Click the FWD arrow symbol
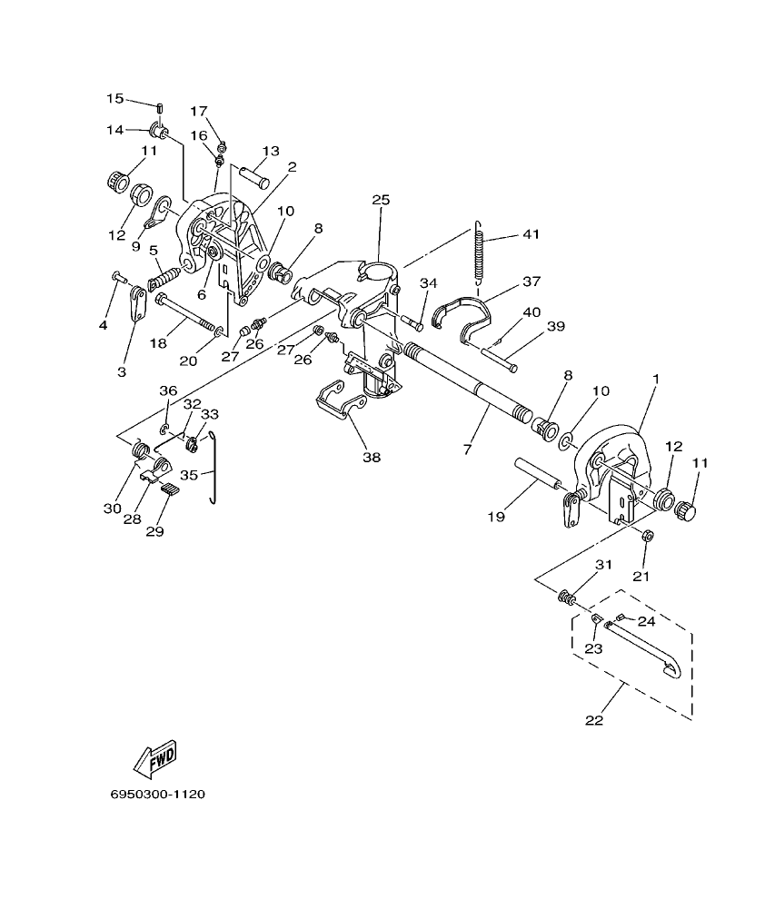pos(155,758)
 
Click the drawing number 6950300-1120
pos(157,795)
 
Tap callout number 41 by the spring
pos(530,234)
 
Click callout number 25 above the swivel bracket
pos(380,199)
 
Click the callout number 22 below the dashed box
pos(593,721)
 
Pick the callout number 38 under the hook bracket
pos(372,458)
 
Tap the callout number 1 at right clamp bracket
pos(656,377)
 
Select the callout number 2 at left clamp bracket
pos(267,167)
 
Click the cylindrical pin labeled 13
pos(253,174)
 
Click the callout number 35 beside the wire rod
pos(189,474)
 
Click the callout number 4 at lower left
pos(104,324)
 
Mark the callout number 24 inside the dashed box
pos(646,622)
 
